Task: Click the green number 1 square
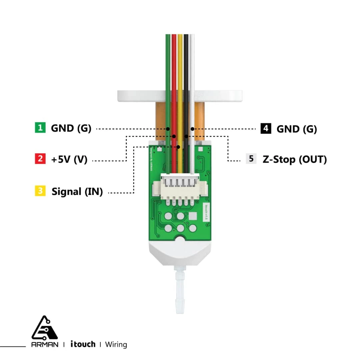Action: pyautogui.click(x=40, y=128)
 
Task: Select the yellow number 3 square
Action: pyautogui.click(x=40, y=191)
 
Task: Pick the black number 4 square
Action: pyautogui.click(x=266, y=128)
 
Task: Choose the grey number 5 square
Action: pyautogui.click(x=251, y=159)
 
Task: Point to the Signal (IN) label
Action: pyautogui.click(x=77, y=192)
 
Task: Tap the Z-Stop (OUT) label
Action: pyautogui.click(x=295, y=159)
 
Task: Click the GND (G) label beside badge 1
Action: pyautogui.click(x=71, y=128)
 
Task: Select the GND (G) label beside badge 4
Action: pyautogui.click(x=296, y=129)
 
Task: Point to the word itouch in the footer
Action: pyautogui.click(x=83, y=344)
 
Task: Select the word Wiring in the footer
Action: pyautogui.click(x=116, y=344)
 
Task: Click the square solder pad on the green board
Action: pyautogui.click(x=193, y=216)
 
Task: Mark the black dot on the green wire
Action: pyautogui.click(x=168, y=129)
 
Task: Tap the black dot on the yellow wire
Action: pyautogui.click(x=179, y=147)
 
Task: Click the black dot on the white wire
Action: pyautogui.click(x=192, y=129)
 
